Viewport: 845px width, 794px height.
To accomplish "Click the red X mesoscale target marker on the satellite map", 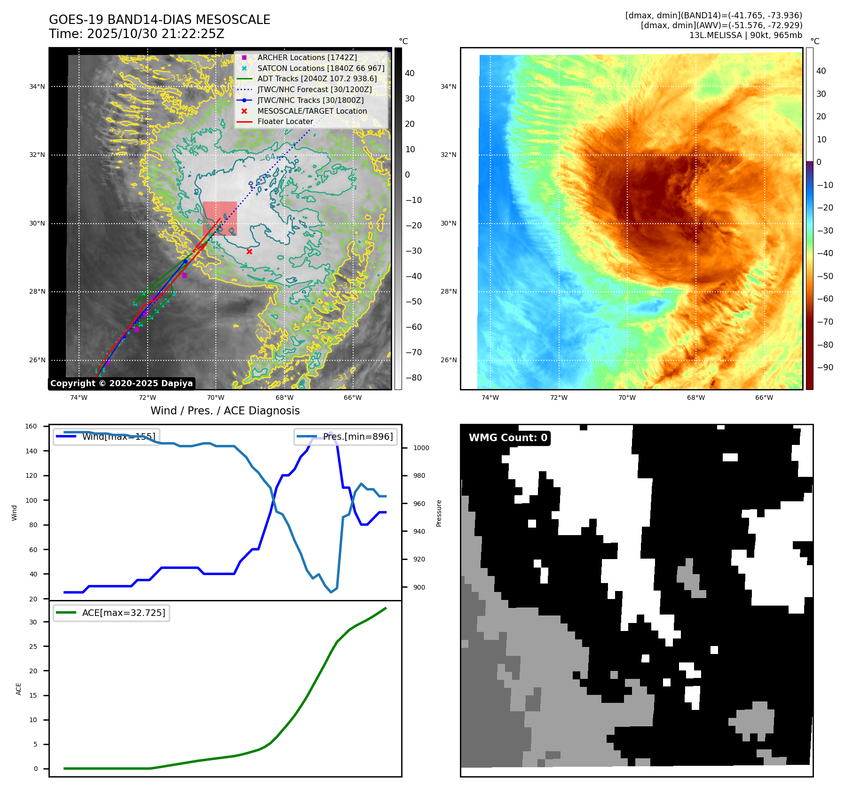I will coord(249,252).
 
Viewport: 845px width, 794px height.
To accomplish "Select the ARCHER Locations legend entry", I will coord(307,57).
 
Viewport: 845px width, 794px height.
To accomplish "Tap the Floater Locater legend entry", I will coord(285,121).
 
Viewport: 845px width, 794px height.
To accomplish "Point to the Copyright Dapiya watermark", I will coord(121,383).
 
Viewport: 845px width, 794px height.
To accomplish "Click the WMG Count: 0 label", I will coord(508,438).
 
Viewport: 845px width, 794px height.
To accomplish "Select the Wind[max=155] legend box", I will coord(106,436).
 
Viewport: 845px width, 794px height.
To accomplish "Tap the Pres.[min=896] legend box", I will coord(346,436).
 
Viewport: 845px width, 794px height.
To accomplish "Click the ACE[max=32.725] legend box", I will coord(111,613).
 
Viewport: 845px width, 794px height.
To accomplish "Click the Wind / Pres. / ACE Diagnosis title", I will coord(225,411).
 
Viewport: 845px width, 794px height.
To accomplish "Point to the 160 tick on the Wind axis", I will coord(31,427).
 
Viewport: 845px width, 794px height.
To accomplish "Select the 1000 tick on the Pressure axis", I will coord(421,448).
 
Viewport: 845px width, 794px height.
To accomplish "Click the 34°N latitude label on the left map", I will coord(37,86).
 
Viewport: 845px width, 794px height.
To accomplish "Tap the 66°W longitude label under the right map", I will coord(764,397).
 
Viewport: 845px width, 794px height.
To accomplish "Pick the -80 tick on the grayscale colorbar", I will coord(413,378).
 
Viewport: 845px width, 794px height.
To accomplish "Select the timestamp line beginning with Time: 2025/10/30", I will coord(136,34).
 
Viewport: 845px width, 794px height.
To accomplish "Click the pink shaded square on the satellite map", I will coord(220,218).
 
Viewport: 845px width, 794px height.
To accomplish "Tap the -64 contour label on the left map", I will coord(268,158).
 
